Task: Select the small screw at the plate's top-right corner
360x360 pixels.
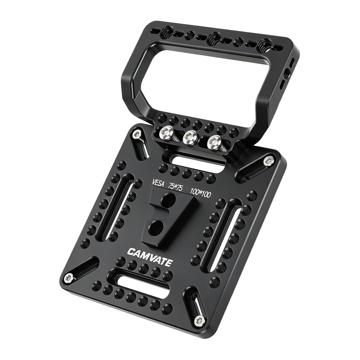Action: [269, 161]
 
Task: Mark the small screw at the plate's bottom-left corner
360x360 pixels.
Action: [68, 277]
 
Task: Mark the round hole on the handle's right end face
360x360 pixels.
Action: [287, 74]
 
